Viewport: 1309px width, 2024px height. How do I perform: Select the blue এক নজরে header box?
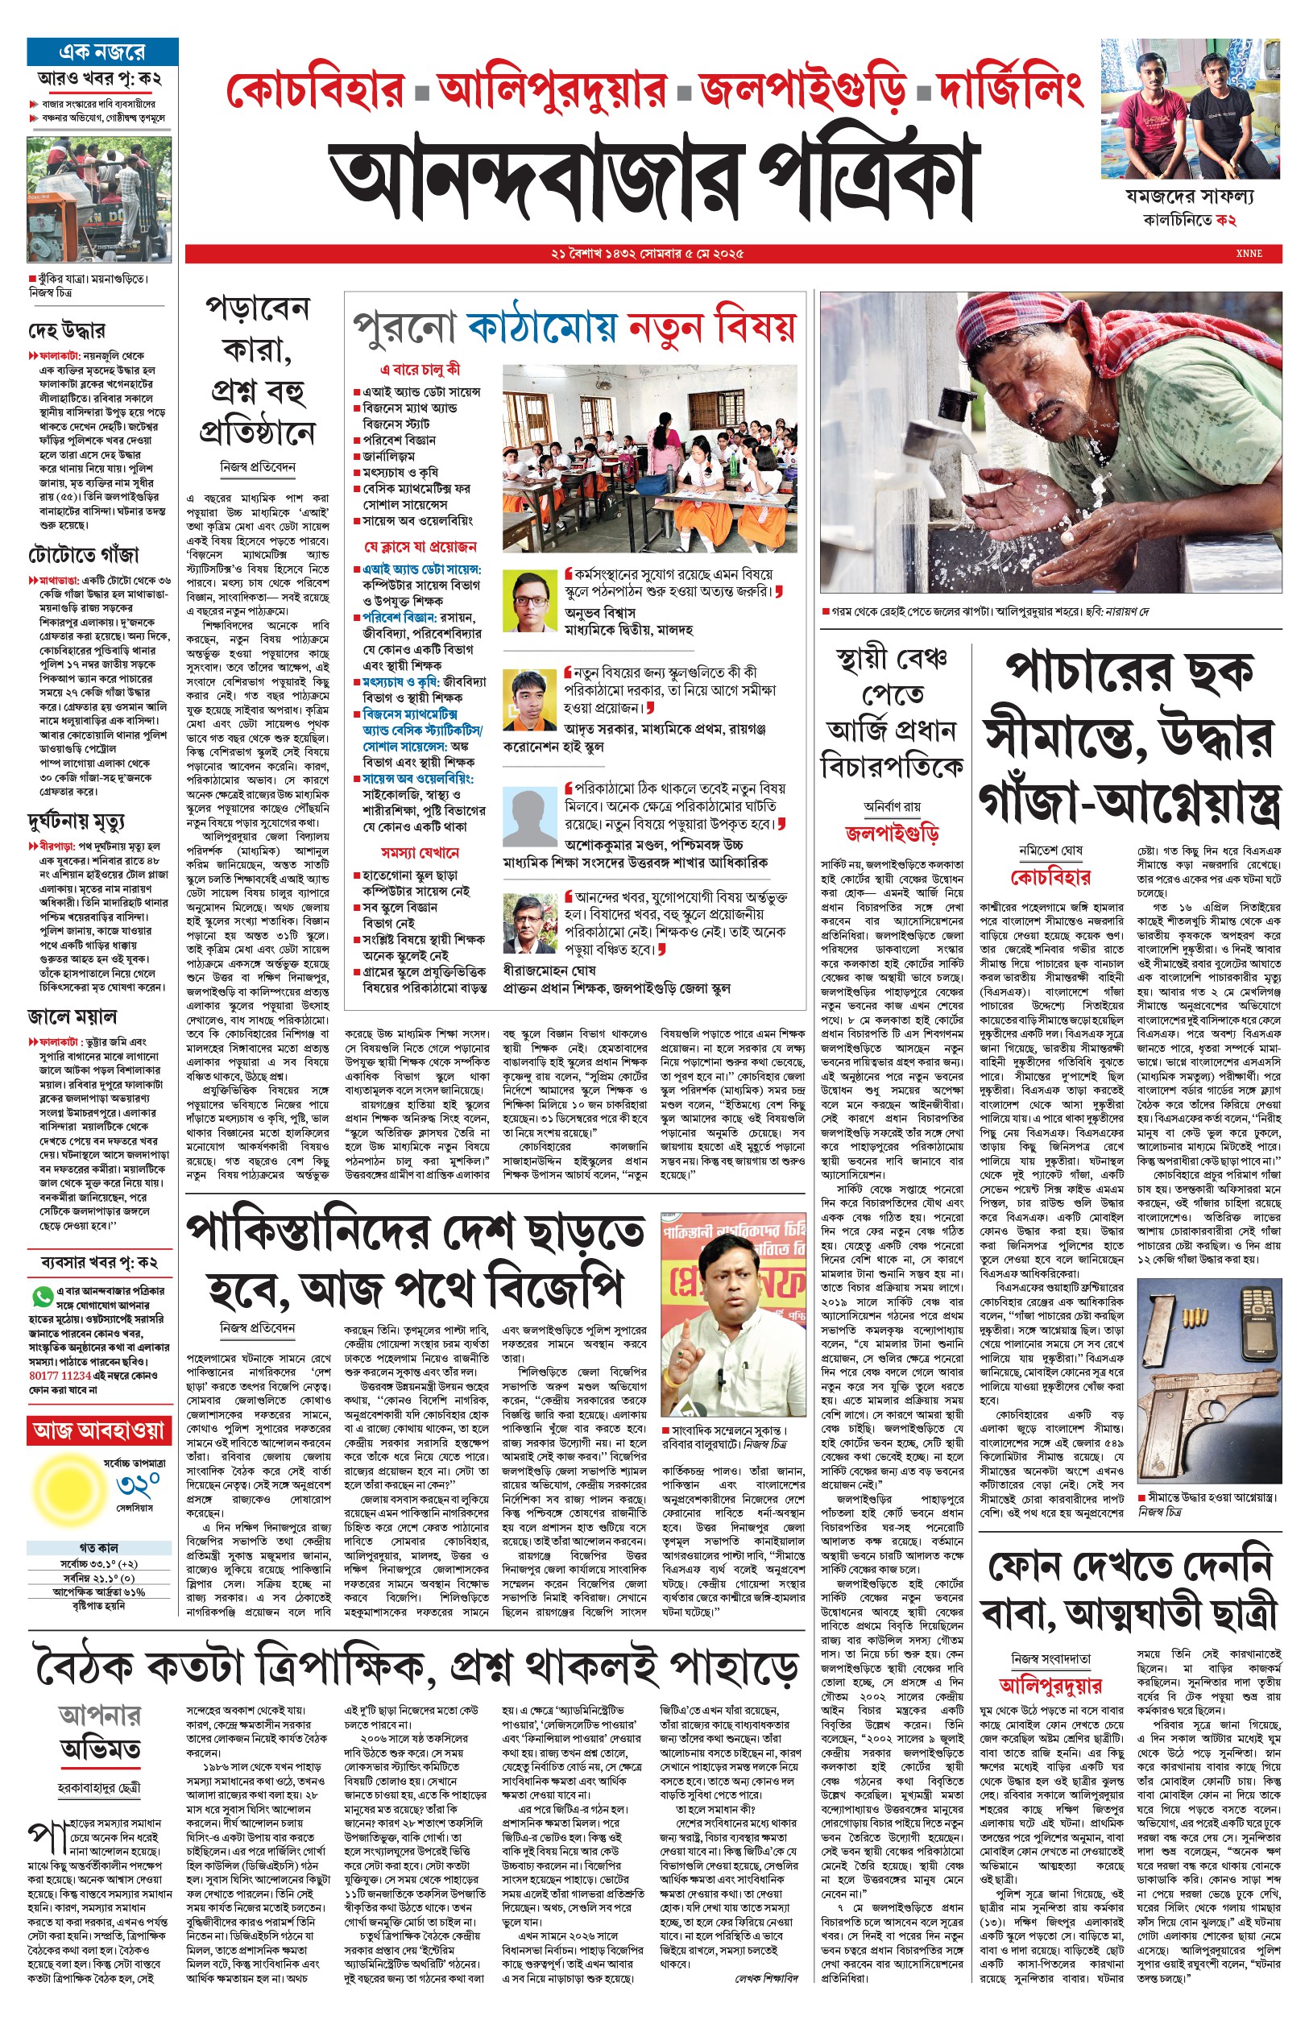coord(102,52)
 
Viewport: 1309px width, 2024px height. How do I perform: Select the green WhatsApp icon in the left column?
coord(41,1298)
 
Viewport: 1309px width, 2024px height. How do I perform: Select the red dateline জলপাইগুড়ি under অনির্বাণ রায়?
coord(891,833)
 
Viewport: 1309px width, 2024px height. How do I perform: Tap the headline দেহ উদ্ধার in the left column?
coord(67,329)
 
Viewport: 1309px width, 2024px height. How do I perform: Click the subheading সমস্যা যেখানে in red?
coord(419,852)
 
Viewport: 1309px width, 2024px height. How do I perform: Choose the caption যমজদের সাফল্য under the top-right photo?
coord(1189,197)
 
